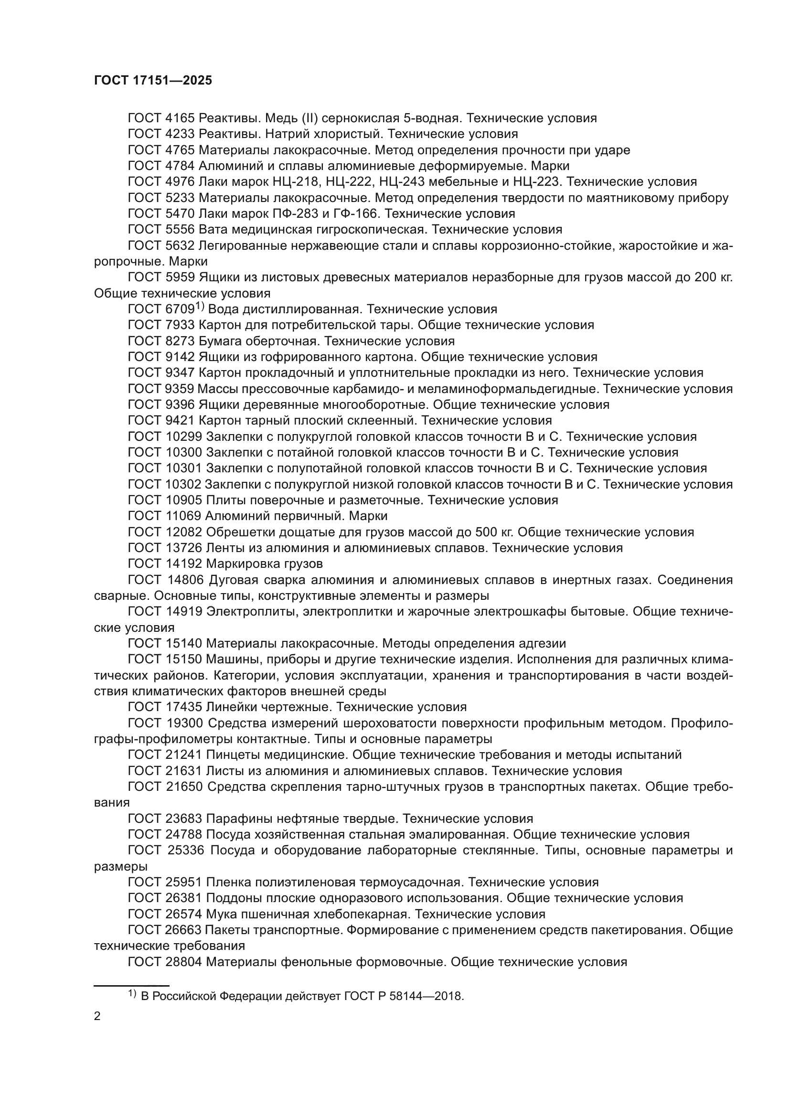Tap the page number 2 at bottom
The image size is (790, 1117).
pyautogui.click(x=97, y=1016)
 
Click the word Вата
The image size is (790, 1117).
pyautogui.click(x=213, y=230)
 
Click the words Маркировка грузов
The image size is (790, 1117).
pyautogui.click(x=265, y=564)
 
